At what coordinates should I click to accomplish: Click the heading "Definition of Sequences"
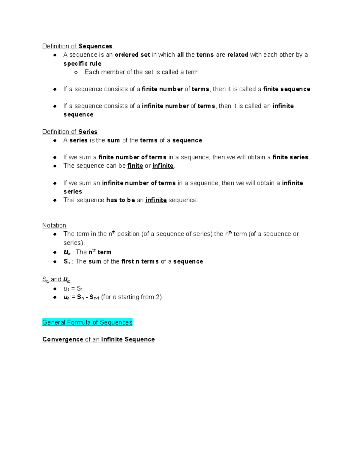[77, 46]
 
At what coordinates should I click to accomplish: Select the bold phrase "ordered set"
[132, 55]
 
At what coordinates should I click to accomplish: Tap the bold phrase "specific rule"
[82, 64]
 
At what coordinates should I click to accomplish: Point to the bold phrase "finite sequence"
[286, 89]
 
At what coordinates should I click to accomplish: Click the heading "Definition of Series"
[70, 132]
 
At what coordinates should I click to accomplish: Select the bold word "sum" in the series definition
[113, 140]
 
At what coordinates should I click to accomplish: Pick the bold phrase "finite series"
[290, 157]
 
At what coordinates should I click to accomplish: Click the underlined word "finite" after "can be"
[135, 166]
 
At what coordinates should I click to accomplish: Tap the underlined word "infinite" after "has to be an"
[156, 200]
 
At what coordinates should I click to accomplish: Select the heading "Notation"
[54, 225]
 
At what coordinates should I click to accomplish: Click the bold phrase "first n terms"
[140, 262]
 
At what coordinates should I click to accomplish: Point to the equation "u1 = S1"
[73, 289]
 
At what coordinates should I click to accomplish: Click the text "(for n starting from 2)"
[131, 297]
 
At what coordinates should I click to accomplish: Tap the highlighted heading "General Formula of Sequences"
[87, 322]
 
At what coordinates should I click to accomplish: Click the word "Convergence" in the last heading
[63, 339]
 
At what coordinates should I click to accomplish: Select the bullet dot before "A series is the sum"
[55, 140]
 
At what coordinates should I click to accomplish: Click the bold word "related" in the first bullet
[238, 55]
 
